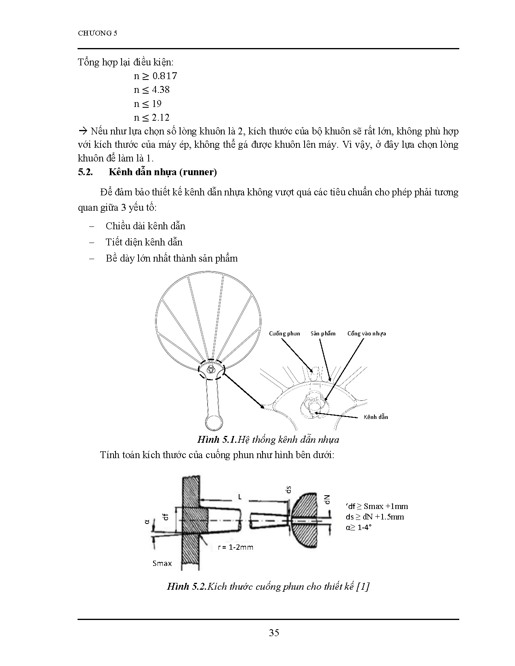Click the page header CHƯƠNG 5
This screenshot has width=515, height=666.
pyautogui.click(x=97, y=34)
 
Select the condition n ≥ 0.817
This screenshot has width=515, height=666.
pyautogui.click(x=156, y=76)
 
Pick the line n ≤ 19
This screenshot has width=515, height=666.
pyautogui.click(x=148, y=104)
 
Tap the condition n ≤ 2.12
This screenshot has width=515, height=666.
pyautogui.click(x=152, y=117)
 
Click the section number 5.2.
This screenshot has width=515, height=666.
pyautogui.click(x=86, y=172)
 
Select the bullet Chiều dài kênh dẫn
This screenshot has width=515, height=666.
pyautogui.click(x=145, y=226)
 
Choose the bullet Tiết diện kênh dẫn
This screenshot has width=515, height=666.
pyautogui.click(x=144, y=242)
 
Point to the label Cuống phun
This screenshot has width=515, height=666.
pyautogui.click(x=285, y=333)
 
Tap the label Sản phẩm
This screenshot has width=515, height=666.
pyautogui.click(x=323, y=333)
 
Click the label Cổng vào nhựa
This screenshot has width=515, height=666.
pyautogui.click(x=366, y=333)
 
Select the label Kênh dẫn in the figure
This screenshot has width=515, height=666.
pyautogui.click(x=376, y=417)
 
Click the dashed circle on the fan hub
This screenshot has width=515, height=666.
pyautogui.click(x=211, y=370)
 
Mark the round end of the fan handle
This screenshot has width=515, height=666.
pyautogui.click(x=213, y=422)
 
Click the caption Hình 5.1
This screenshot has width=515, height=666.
pyautogui.click(x=216, y=440)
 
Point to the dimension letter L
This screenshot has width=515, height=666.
pyautogui.click(x=240, y=497)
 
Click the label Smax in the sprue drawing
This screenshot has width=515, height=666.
pyautogui.click(x=162, y=563)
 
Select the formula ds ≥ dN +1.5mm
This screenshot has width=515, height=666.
pyautogui.click(x=375, y=517)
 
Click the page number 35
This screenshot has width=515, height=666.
pyautogui.click(x=274, y=632)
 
